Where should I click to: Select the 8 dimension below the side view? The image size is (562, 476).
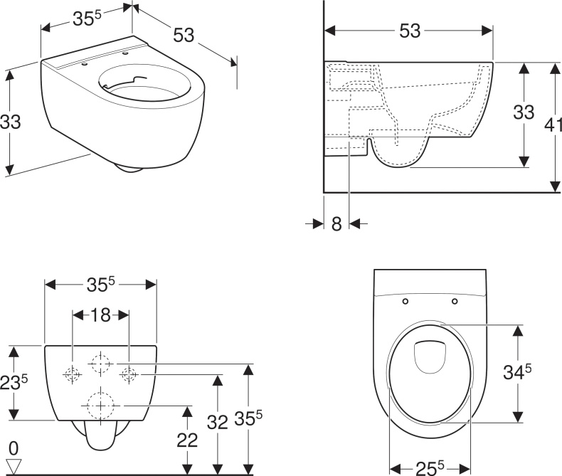click(336, 223)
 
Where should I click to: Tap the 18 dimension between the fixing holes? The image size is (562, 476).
click(100, 314)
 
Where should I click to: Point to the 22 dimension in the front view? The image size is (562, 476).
click(186, 440)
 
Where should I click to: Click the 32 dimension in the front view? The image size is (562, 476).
click(218, 421)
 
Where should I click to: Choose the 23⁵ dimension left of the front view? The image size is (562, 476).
click(14, 382)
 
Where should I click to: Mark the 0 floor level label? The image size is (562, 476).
click(13, 448)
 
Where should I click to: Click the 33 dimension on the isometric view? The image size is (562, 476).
click(11, 122)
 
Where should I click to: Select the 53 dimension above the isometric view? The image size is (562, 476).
click(184, 34)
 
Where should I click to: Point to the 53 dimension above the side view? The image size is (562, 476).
click(409, 31)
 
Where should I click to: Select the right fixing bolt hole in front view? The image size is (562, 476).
click(128, 373)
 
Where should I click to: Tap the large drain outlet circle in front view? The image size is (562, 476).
click(100, 405)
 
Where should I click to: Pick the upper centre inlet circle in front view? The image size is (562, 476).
click(100, 364)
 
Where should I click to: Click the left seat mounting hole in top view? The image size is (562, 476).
click(405, 301)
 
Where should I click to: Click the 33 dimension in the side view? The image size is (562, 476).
click(524, 113)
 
